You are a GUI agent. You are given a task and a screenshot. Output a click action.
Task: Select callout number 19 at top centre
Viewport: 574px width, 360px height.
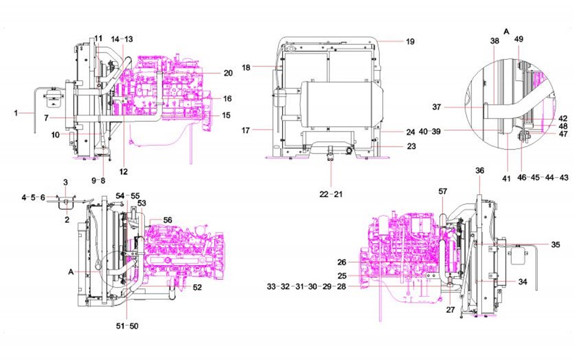click(410, 41)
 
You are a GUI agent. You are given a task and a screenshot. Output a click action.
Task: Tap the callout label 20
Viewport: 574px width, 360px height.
click(228, 73)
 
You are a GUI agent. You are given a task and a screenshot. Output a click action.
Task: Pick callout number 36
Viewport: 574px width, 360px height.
click(479, 171)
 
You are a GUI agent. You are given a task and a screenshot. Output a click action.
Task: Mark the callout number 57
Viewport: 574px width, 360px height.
click(443, 191)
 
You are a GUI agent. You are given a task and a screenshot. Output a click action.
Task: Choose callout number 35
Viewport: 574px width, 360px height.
click(555, 245)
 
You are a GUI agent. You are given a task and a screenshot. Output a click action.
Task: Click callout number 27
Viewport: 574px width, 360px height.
click(450, 309)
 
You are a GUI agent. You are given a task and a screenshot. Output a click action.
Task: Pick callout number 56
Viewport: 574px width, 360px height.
click(167, 219)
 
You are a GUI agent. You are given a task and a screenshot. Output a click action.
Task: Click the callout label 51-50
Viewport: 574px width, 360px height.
click(126, 326)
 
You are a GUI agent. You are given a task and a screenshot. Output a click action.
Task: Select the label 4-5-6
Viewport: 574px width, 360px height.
click(34, 197)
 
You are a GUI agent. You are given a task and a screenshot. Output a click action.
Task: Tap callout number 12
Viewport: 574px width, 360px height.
click(123, 171)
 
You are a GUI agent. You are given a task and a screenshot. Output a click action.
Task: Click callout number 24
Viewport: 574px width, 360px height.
click(410, 132)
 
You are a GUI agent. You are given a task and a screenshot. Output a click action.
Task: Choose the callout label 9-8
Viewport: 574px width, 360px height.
click(98, 179)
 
